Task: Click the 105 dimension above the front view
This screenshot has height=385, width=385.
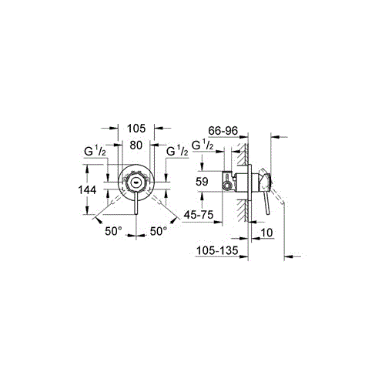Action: pos(136,129)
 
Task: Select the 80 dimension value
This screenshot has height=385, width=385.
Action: pos(136,146)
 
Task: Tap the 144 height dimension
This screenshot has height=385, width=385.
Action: pos(87,190)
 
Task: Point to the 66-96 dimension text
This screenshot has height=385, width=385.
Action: pos(223,131)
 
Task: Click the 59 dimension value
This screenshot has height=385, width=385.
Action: pos(202,182)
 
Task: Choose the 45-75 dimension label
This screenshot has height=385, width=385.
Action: pos(199,215)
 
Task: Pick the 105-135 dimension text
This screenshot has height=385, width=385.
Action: pos(217,250)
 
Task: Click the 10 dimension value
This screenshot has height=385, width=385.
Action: pos(266,233)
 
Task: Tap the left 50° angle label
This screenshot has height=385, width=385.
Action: pos(113,231)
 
